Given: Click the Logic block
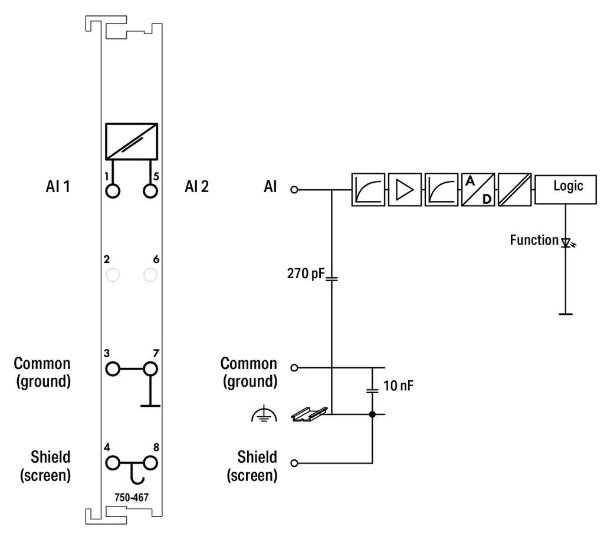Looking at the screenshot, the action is coord(566,189).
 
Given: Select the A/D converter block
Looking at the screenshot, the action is coord(478,189).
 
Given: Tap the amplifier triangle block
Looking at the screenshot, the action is coord(405,189).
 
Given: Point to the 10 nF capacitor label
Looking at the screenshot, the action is coord(398,386).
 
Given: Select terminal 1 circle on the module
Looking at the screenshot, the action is coord(113,191).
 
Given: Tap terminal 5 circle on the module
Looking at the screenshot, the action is coord(150,191).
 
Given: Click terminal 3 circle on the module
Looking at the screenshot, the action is coord(113,368).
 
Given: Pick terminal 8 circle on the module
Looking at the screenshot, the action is coord(150,463).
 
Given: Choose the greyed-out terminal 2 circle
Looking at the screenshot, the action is coord(113,275).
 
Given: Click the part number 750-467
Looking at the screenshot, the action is coord(132,498).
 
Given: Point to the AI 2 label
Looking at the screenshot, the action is coord(196,187).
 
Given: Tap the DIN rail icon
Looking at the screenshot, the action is coord(309,414).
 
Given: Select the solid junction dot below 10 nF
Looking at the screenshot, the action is coord(372,414).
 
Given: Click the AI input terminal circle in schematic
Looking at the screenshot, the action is coord(294,189).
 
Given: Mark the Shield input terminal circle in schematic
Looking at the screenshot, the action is coord(294,463).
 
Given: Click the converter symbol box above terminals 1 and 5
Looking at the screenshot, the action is coord(132,141).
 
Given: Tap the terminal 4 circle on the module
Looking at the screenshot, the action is coord(113,463).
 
